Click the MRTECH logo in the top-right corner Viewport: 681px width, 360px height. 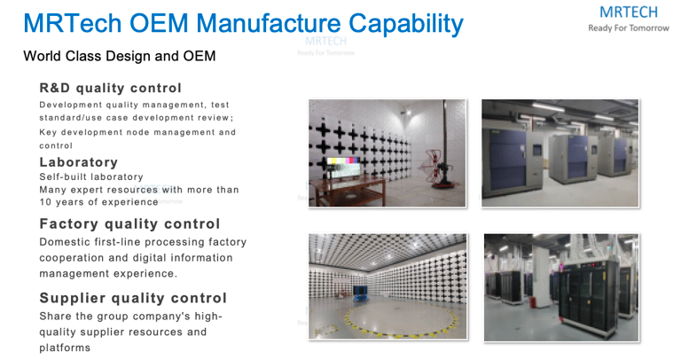pyautogui.click(x=629, y=12)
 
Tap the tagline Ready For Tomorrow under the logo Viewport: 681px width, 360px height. pyautogui.click(x=629, y=28)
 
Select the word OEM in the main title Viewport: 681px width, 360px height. pyautogui.click(x=159, y=23)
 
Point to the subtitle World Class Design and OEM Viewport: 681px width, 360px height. pyautogui.click(x=120, y=56)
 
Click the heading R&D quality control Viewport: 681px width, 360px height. pyautogui.click(x=110, y=88)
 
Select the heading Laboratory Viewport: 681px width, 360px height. pyautogui.click(x=79, y=162)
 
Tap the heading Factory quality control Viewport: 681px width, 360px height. pyautogui.click(x=129, y=223)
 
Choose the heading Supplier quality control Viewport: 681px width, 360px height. pyautogui.click(x=133, y=298)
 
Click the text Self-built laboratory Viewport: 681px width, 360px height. pyautogui.click(x=91, y=176)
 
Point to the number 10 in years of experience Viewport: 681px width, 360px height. pyautogui.click(x=45, y=202)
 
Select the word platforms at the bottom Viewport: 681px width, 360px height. pyautogui.click(x=65, y=348)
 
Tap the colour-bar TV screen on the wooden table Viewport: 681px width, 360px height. pyautogui.click(x=343, y=168)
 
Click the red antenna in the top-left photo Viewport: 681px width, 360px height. pyautogui.click(x=431, y=167)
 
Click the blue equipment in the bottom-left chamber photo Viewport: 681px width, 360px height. pyautogui.click(x=360, y=293)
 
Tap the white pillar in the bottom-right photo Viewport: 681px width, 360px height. pyautogui.click(x=541, y=272)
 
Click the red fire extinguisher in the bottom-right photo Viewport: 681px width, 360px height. pyautogui.click(x=532, y=301)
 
